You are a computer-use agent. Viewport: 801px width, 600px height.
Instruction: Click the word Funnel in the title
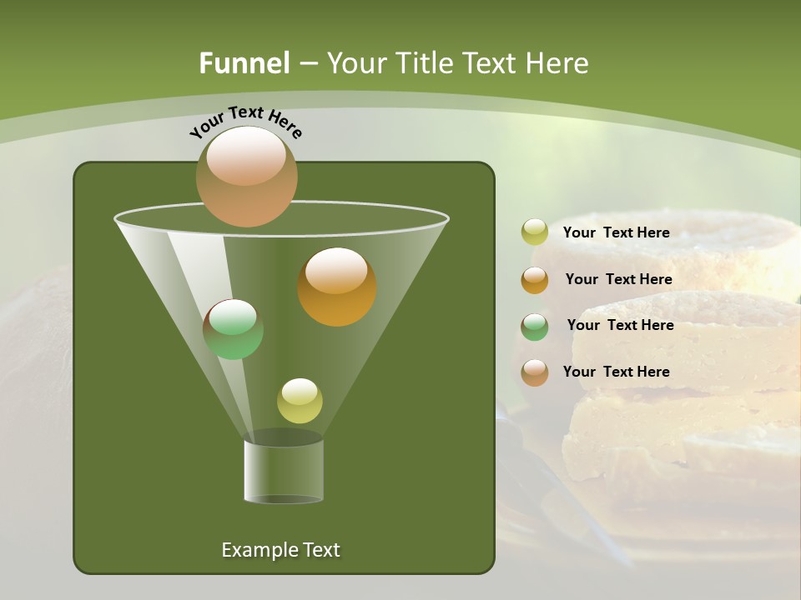244,63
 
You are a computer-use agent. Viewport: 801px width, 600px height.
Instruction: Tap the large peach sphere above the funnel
246,176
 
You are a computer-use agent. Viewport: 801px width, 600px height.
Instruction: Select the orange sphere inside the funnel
337,287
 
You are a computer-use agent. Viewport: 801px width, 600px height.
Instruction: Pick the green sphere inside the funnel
233,330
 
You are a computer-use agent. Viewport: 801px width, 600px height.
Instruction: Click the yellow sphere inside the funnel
300,401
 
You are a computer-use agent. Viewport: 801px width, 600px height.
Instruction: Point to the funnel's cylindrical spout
284,471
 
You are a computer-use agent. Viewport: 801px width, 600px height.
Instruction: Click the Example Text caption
280,550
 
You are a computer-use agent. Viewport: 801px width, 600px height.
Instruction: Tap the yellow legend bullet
534,232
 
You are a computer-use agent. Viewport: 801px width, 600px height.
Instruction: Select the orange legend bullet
534,280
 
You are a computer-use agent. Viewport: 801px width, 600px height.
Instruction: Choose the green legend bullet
534,327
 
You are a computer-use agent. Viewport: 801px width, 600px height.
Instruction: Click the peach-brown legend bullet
534,372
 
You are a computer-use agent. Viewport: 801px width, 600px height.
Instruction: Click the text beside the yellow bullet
616,233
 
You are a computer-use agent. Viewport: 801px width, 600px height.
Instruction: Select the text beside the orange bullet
618,280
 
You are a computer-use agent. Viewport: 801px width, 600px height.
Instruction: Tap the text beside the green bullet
620,326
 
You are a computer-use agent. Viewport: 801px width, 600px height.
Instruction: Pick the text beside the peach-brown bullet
616,372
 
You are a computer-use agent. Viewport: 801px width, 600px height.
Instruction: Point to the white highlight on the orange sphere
336,271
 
